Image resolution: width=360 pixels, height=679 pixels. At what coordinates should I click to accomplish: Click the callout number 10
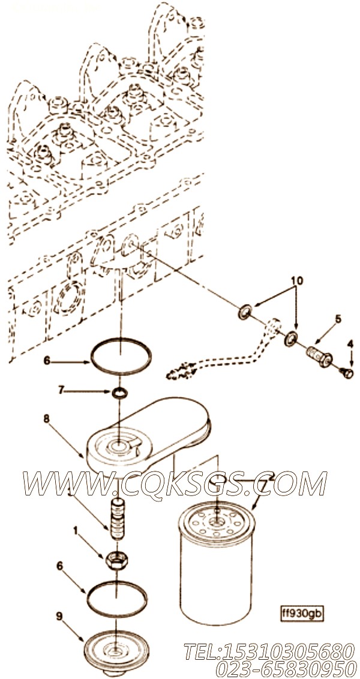click(x=297, y=281)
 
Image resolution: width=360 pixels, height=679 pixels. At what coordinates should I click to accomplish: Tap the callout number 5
click(x=338, y=319)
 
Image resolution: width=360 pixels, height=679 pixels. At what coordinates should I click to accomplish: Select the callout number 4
click(x=350, y=345)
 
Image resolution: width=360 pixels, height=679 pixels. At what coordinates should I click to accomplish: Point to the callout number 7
click(x=61, y=390)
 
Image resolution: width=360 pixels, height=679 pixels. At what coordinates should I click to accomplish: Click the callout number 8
click(x=46, y=419)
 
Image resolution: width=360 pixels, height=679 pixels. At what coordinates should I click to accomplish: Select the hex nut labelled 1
click(x=116, y=562)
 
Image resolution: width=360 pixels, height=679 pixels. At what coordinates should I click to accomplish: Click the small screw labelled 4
click(x=347, y=372)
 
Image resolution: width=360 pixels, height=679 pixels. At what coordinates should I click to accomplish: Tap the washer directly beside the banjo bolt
click(x=290, y=338)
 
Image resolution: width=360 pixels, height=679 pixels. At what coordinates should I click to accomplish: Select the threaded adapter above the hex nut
click(x=118, y=519)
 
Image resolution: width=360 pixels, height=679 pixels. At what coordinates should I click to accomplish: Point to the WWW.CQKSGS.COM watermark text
click(x=175, y=483)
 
